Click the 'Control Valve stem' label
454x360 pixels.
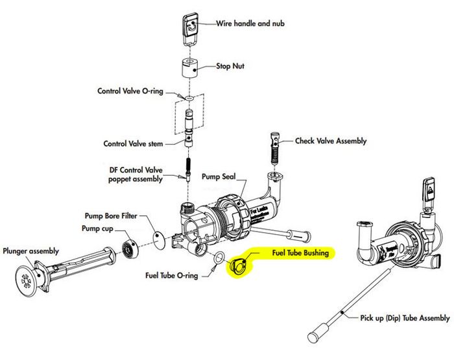(x=134, y=143)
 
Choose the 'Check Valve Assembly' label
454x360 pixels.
(x=331, y=141)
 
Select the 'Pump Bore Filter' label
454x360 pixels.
(x=112, y=216)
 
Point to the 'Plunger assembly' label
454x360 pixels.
(x=31, y=251)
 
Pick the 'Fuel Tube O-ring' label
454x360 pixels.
(x=172, y=274)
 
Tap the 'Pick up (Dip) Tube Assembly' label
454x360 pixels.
(x=405, y=318)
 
